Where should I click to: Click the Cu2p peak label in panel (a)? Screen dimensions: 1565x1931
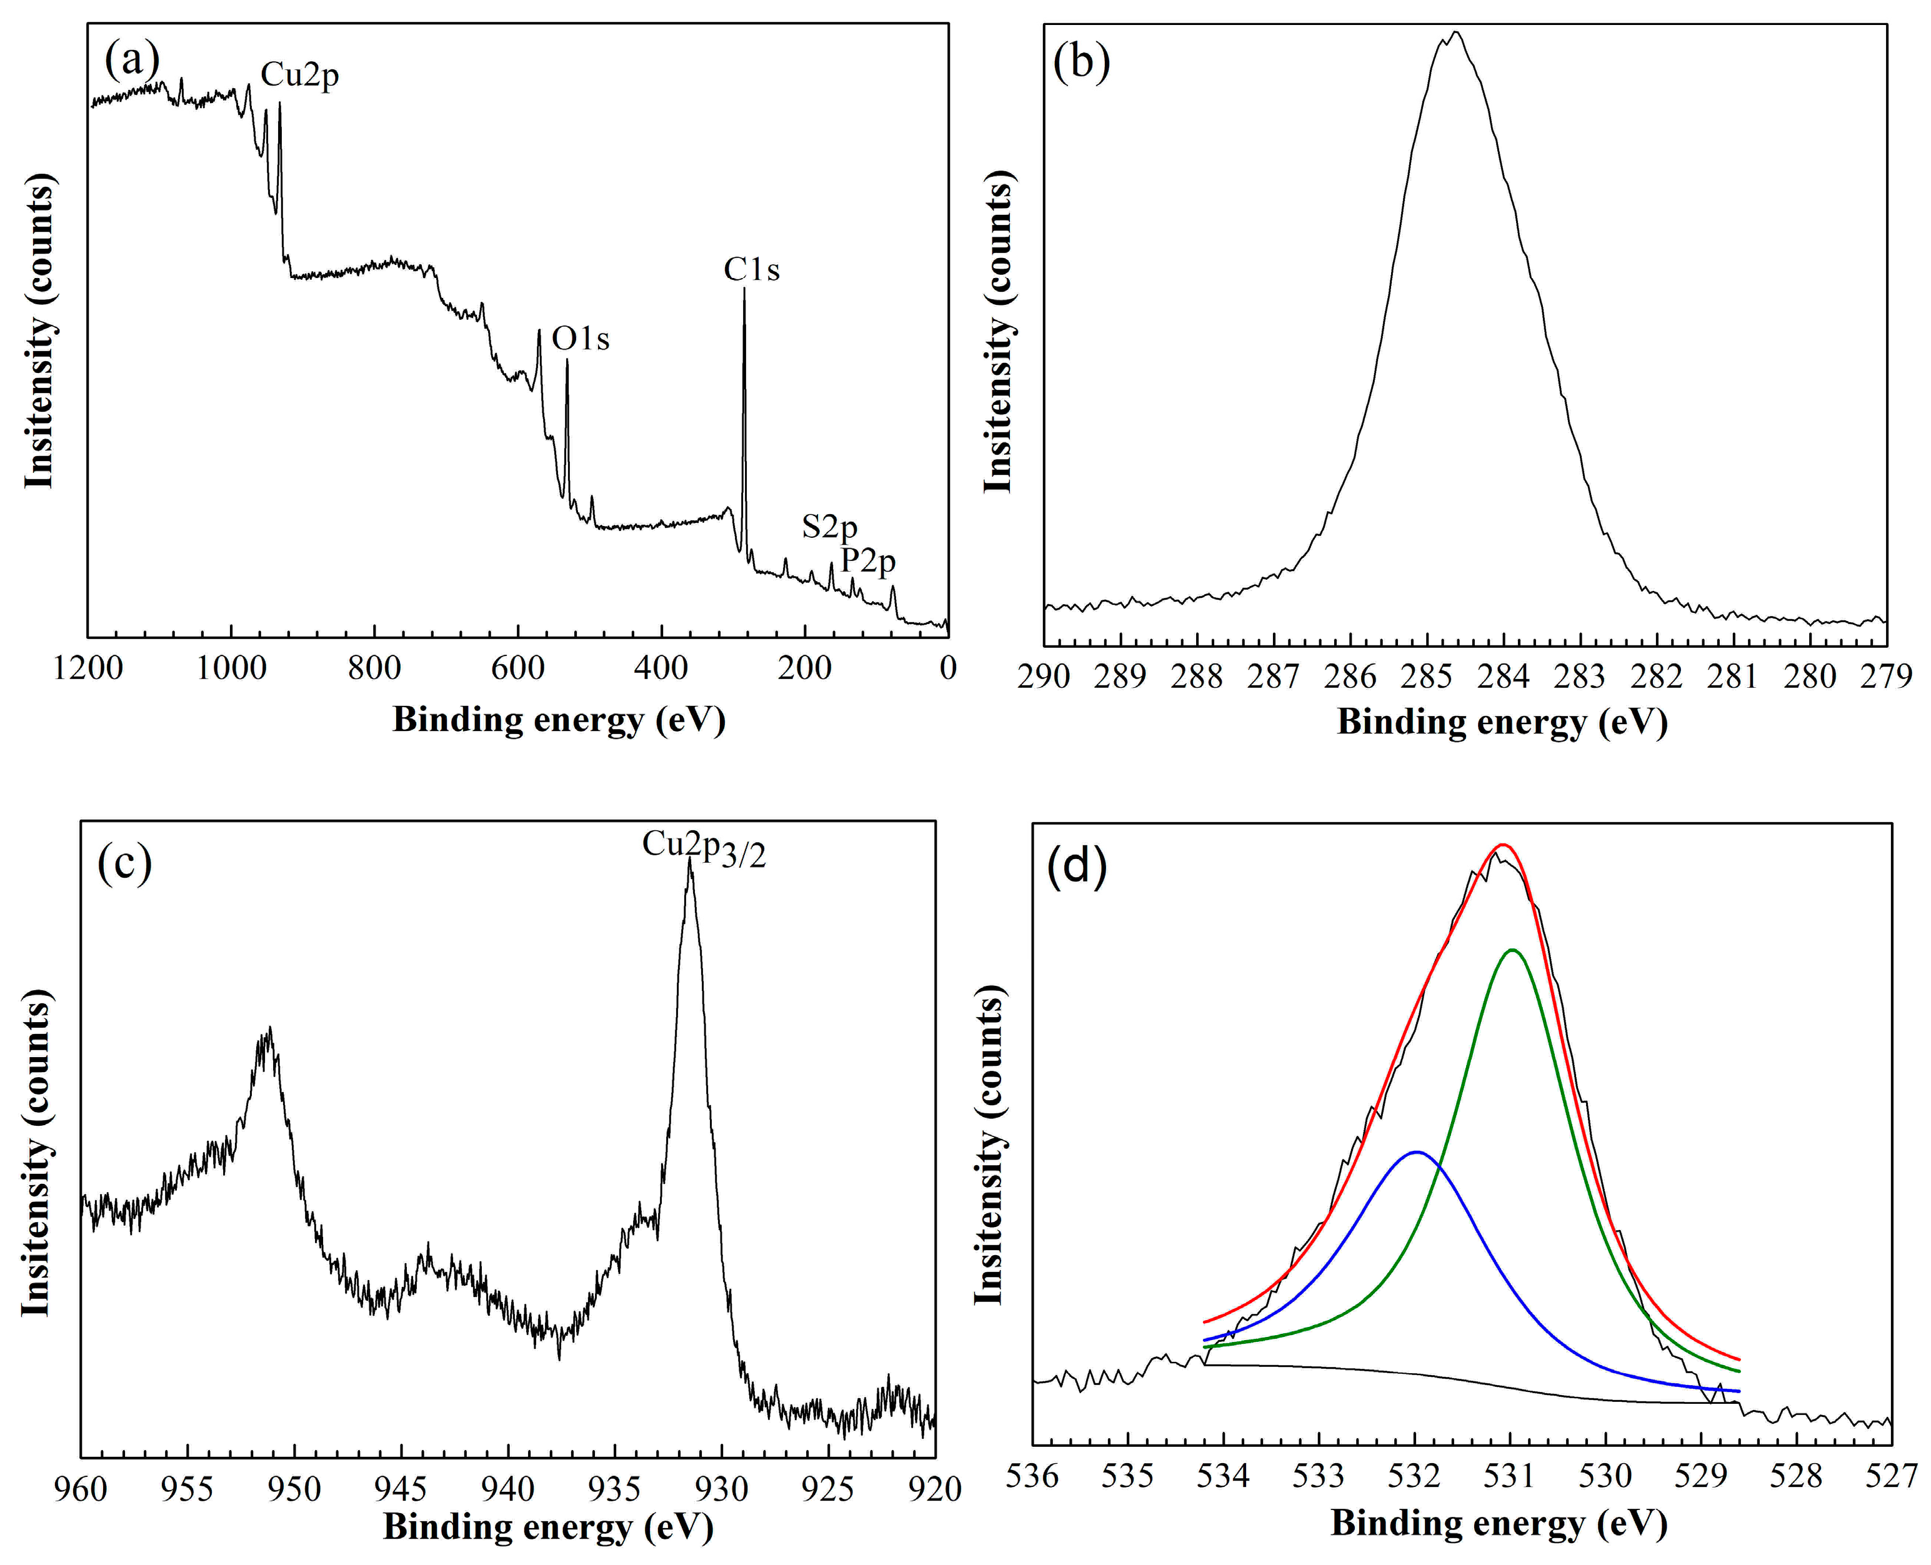299,76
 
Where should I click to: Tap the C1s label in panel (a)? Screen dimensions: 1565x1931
751,269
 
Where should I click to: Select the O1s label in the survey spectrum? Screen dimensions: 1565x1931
581,339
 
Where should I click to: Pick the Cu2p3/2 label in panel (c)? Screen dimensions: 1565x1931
703,847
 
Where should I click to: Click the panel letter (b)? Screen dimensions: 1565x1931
1081,64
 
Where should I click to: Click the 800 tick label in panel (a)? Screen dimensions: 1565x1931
374,669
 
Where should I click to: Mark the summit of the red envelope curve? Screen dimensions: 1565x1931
1502,845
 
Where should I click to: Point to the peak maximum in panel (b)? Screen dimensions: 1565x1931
1454,32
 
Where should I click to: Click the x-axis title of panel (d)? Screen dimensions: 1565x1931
1499,1524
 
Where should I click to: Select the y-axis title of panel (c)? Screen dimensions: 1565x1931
36,1153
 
